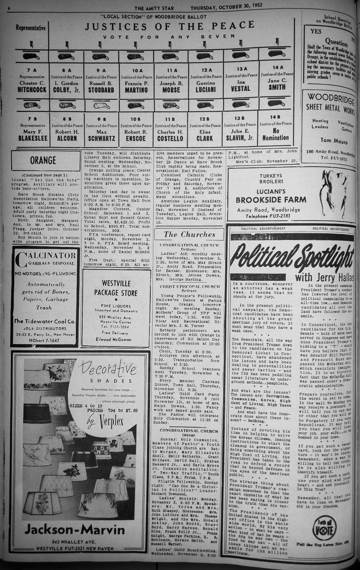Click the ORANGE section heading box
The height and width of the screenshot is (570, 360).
click(43, 160)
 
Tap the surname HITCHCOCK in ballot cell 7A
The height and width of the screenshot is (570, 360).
click(32, 90)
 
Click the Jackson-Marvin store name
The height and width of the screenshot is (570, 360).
click(74, 530)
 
